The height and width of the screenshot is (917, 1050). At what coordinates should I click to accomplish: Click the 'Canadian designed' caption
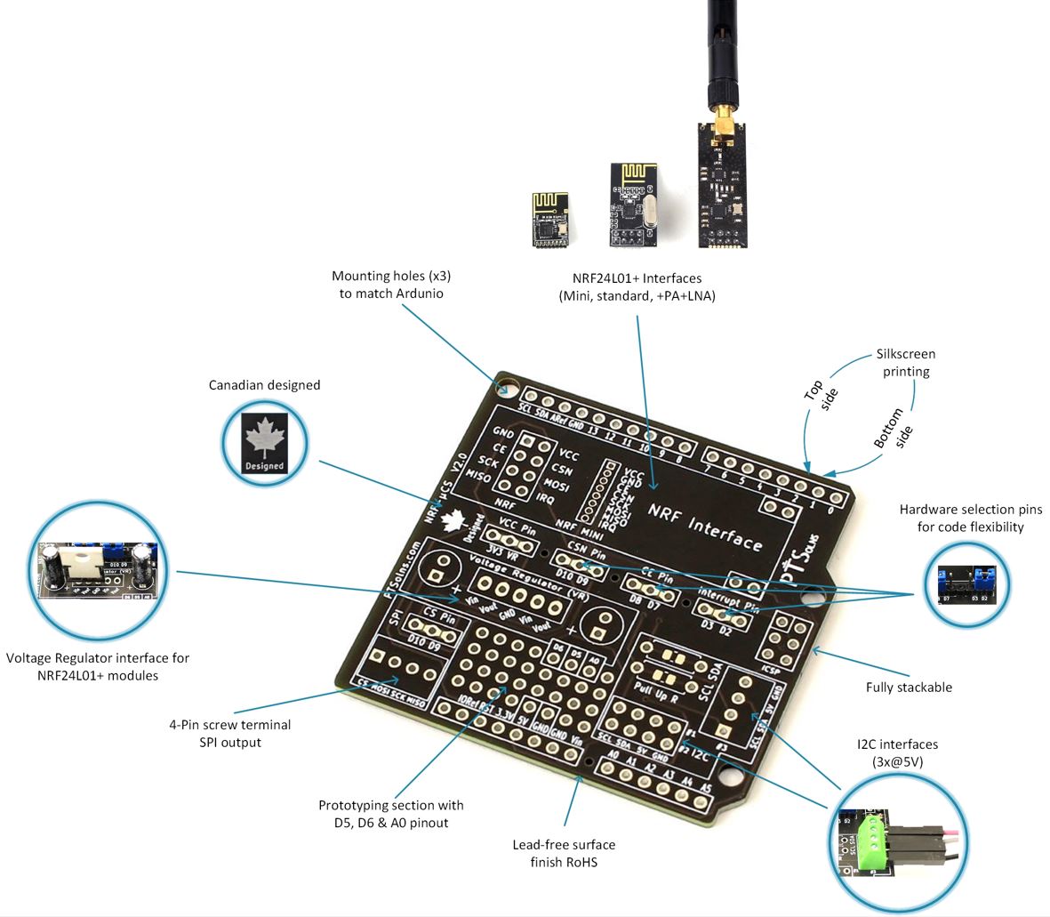pos(264,385)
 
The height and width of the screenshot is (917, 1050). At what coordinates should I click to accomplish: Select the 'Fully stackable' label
pos(909,687)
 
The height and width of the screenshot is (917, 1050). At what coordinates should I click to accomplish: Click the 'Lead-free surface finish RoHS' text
pos(564,853)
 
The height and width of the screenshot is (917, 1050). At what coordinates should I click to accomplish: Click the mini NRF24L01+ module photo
pos(551,218)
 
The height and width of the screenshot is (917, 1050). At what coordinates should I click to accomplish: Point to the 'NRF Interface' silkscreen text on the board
pos(704,526)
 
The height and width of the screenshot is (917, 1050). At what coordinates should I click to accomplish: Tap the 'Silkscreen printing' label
pos(906,362)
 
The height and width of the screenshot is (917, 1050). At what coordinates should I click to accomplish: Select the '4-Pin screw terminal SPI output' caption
pos(229,733)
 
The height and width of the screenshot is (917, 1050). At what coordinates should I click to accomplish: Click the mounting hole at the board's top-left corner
pos(508,387)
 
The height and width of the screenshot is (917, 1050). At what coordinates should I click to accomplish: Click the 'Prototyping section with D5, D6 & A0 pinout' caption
pos(391,813)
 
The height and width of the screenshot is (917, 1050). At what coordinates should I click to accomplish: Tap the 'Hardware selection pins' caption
pos(971,518)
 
